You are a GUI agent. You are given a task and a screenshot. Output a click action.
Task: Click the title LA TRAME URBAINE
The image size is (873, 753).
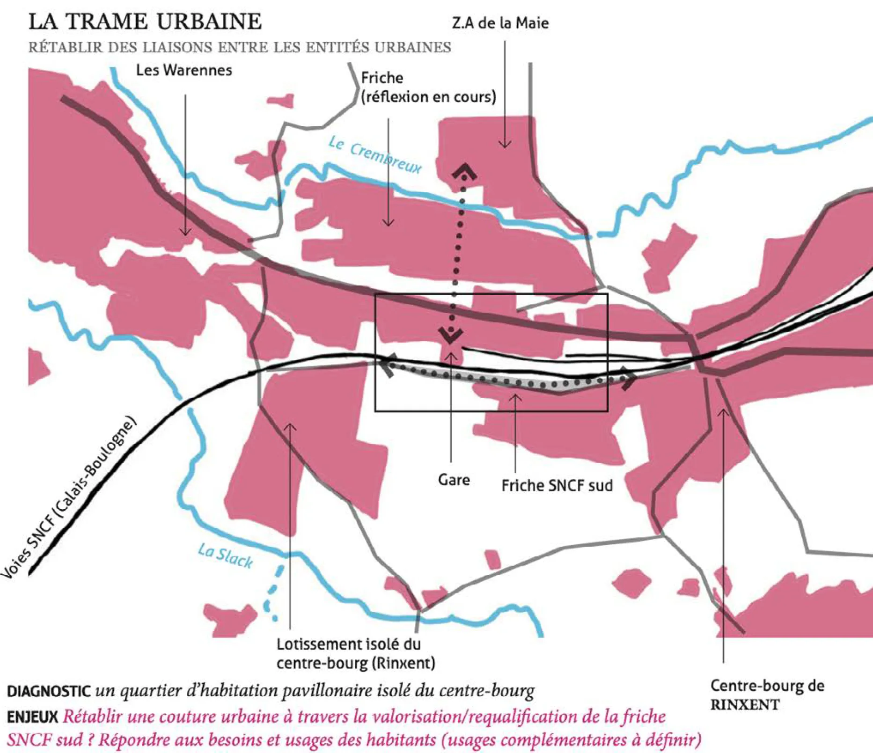click(145, 22)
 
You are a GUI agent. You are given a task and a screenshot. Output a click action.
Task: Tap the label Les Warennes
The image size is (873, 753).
click(184, 70)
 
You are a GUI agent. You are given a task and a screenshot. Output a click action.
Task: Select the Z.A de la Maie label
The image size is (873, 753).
click(500, 23)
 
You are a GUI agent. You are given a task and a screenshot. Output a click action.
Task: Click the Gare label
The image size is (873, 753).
click(454, 480)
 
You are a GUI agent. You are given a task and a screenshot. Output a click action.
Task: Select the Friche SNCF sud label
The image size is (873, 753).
click(557, 485)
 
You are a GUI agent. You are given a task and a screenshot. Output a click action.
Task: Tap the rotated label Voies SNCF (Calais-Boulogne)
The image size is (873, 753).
click(70, 496)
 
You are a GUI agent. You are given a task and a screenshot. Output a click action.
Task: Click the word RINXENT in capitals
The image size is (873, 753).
click(745, 704)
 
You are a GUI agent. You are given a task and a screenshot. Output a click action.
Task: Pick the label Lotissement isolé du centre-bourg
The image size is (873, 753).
click(355, 653)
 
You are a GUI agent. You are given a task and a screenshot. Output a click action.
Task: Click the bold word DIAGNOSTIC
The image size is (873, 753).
click(49, 691)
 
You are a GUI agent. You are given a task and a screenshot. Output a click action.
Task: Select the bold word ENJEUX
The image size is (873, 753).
click(32, 716)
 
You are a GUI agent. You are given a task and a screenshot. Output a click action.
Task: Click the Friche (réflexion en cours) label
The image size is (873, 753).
click(428, 88)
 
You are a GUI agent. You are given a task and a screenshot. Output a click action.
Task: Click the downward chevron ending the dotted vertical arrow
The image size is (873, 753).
click(451, 336)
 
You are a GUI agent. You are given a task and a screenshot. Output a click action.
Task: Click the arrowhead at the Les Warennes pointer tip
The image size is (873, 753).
click(185, 233)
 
